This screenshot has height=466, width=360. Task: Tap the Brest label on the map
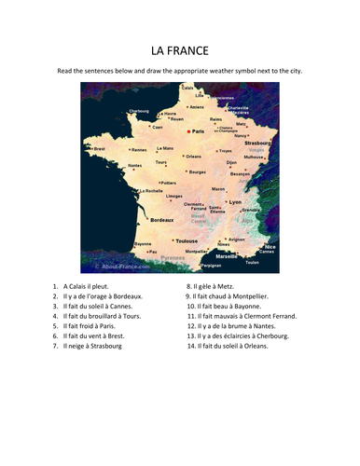pos(100,148)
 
